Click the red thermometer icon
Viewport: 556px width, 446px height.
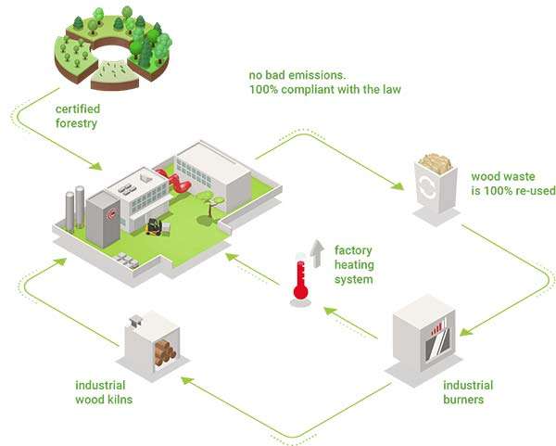(299, 275)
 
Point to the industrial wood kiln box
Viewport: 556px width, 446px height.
(152, 344)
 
